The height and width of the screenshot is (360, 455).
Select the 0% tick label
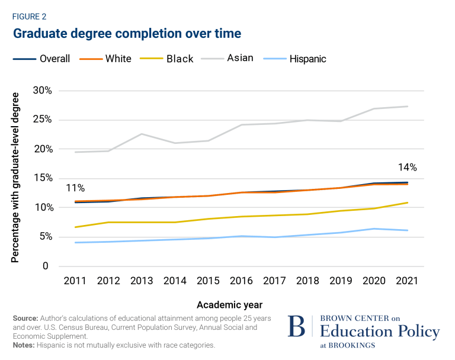coord(44,266)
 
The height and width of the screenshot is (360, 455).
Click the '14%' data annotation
coord(408,168)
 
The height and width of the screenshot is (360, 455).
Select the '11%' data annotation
coord(76,188)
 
